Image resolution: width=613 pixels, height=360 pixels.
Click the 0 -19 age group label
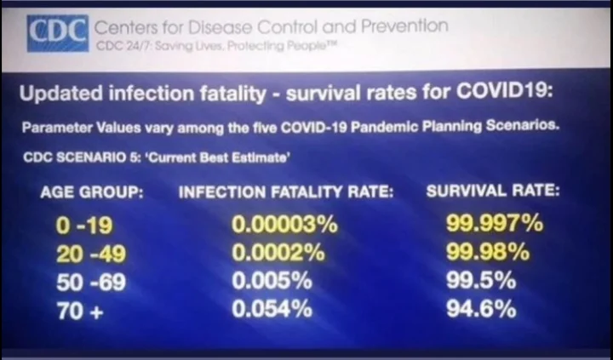(x=83, y=226)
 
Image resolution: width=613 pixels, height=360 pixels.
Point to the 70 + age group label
(x=79, y=310)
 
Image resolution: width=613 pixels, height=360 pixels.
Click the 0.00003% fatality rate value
(x=285, y=226)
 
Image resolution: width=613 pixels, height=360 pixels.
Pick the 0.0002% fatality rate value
(x=278, y=254)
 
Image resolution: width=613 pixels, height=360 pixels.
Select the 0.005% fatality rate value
(x=272, y=282)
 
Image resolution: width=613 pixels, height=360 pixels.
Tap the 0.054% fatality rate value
(x=272, y=310)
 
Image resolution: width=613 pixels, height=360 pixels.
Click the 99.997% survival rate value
(x=495, y=225)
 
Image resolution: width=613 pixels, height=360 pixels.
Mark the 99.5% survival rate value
(x=481, y=282)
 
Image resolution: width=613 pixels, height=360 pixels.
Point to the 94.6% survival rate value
(x=481, y=309)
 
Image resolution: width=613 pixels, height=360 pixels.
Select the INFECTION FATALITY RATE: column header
(x=286, y=192)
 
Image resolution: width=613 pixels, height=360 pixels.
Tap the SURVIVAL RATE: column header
(x=493, y=191)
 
